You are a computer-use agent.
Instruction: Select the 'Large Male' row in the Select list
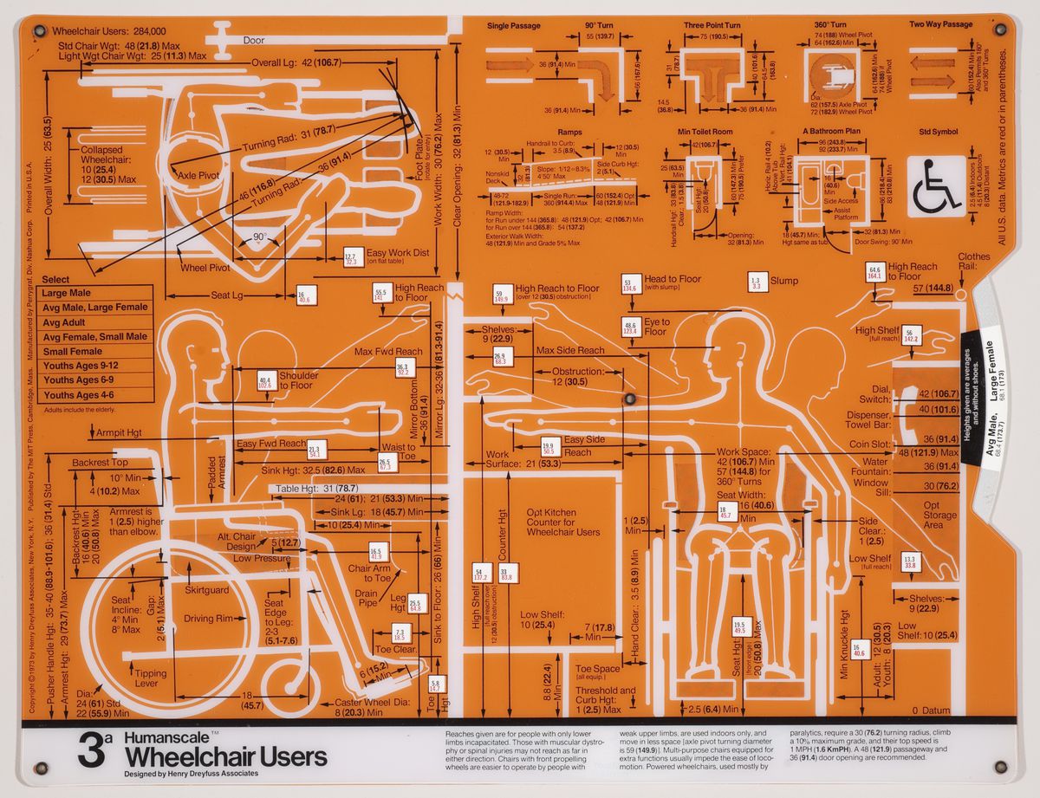pyautogui.click(x=67, y=294)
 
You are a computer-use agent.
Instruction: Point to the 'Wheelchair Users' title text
pyautogui.click(x=225, y=757)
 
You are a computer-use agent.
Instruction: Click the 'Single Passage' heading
pyautogui.click(x=514, y=26)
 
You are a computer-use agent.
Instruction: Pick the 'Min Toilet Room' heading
pyautogui.click(x=705, y=131)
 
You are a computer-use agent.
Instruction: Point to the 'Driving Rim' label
pyautogui.click(x=209, y=619)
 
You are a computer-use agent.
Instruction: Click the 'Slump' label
pyautogui.click(x=784, y=281)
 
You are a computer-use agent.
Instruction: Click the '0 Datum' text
pyautogui.click(x=931, y=710)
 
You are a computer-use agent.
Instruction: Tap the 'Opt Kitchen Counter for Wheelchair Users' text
pyautogui.click(x=562, y=522)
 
